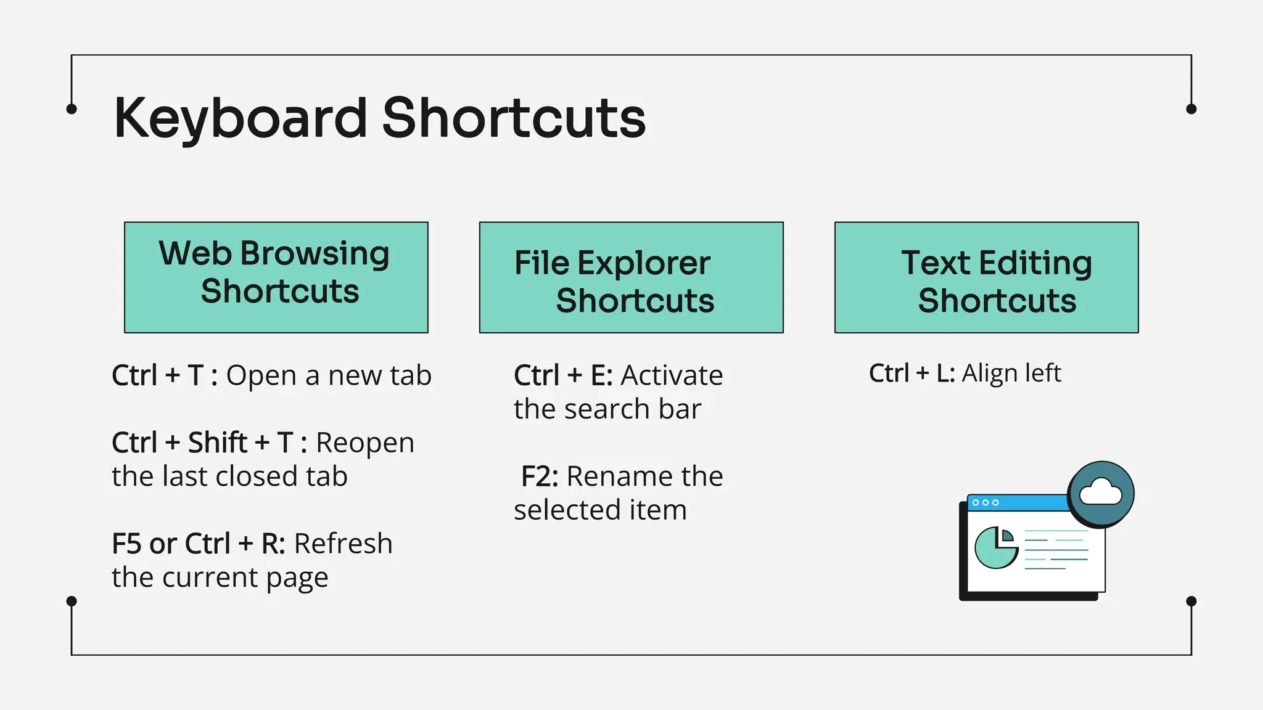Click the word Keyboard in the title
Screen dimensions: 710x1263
[x=241, y=118]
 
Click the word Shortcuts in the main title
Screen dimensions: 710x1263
[x=514, y=118]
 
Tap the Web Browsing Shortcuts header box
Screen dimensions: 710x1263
[x=276, y=277]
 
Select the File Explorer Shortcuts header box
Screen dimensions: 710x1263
[x=631, y=277]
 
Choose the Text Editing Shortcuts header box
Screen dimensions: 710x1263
[x=986, y=277]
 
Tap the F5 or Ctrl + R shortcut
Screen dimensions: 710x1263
[x=197, y=544]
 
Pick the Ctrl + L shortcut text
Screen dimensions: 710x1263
[x=911, y=373]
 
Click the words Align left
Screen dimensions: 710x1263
[x=1011, y=373]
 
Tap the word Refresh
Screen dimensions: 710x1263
[x=343, y=544]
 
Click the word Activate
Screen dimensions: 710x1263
[x=672, y=375]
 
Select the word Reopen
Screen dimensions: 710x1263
[x=365, y=443]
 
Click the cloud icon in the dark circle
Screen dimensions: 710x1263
[x=1101, y=494]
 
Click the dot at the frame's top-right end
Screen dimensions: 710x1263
[x=1191, y=109]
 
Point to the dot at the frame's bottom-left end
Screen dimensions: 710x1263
[x=72, y=601]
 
